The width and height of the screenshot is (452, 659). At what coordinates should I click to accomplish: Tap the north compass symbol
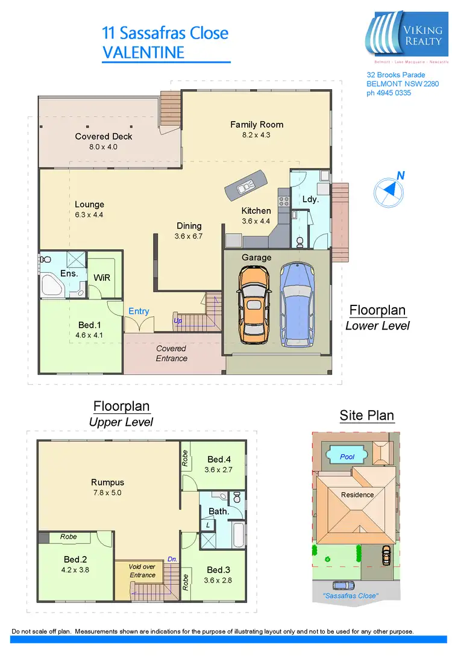(388, 190)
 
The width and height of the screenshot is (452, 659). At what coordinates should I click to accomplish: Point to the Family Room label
(257, 125)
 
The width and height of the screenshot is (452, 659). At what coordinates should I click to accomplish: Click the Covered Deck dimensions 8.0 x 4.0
(104, 147)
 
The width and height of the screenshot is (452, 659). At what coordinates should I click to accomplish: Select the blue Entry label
(139, 311)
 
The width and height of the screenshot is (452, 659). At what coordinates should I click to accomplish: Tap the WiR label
(102, 278)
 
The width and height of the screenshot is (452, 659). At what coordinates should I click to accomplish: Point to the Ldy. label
(310, 199)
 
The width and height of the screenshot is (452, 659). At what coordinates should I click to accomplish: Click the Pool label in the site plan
(347, 457)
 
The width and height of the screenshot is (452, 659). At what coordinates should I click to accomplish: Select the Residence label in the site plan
(357, 495)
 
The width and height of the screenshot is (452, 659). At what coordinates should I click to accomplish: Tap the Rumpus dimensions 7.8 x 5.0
(107, 492)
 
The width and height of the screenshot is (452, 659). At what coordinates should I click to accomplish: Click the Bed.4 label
(219, 459)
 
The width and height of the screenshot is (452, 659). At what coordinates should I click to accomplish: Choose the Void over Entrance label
(142, 570)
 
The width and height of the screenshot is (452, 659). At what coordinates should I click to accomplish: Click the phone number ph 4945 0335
(389, 93)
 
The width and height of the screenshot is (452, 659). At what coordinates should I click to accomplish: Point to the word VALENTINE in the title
(143, 52)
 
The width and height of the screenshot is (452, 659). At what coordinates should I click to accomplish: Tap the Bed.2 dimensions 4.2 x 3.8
(76, 569)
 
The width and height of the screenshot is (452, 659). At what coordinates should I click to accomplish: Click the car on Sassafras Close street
(343, 585)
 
